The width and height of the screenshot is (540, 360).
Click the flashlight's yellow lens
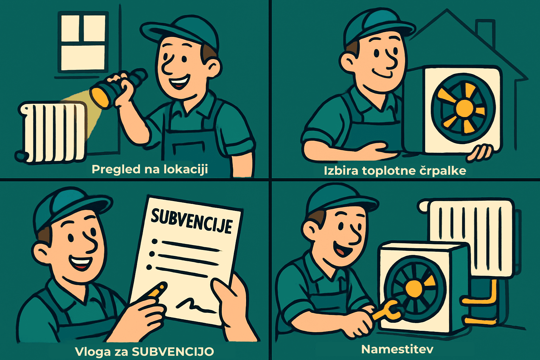(x=99, y=97)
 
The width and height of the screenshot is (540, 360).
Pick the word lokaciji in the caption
(x=186, y=169)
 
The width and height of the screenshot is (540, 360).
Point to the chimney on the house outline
(x=485, y=31)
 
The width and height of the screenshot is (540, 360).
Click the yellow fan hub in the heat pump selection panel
(x=464, y=108)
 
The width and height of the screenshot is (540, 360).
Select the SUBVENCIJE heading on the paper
(x=192, y=221)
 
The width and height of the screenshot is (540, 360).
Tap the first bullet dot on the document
(x=155, y=242)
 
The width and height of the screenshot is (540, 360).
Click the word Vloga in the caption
(x=93, y=352)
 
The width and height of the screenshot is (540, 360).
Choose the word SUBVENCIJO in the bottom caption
(x=173, y=352)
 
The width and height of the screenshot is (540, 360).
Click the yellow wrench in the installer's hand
(x=386, y=312)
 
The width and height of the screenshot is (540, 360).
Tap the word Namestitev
(x=397, y=349)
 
